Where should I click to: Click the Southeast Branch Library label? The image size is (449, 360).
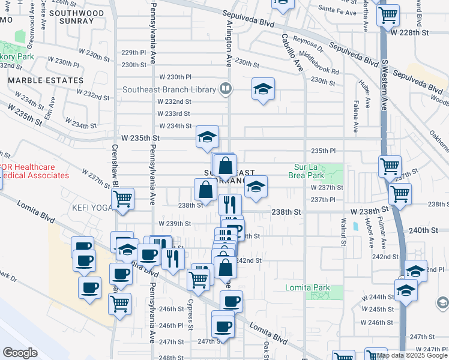pyautogui.click(x=169, y=90)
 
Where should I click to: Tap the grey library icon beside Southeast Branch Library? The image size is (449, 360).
pyautogui.click(x=226, y=89)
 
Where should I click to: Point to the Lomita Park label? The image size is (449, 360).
pyautogui.click(x=307, y=287)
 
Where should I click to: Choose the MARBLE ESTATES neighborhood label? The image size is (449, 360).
pyautogui.click(x=46, y=80)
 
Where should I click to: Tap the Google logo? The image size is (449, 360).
pyautogui.click(x=20, y=353)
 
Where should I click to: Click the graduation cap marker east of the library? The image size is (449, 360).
pyautogui.click(x=263, y=89)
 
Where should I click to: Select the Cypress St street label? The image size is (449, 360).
pyautogui.click(x=190, y=306)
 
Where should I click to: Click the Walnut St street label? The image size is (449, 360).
pyautogui.click(x=344, y=234)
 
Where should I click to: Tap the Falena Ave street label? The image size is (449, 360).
pyautogui.click(x=356, y=116)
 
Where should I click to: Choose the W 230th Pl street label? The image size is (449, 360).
pyautogui.click(x=175, y=77)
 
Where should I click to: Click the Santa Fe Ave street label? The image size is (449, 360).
pyautogui.click(x=334, y=10)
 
